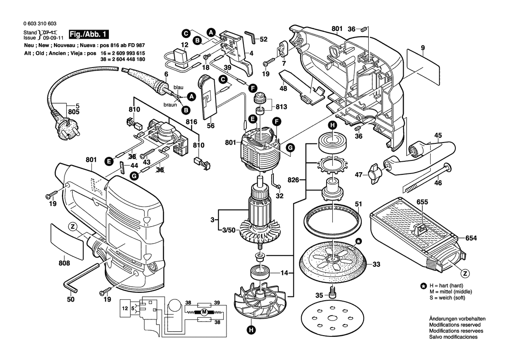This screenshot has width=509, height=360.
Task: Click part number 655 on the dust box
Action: tap(422, 202)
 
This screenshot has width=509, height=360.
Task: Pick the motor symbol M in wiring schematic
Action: tap(203, 312)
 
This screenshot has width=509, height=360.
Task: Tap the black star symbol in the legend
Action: tap(423, 286)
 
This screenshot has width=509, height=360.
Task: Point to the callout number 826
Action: tap(295, 180)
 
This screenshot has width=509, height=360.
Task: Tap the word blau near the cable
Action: tap(179, 87)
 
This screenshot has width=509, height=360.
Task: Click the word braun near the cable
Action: tap(170, 105)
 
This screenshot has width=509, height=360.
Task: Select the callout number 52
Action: tap(263, 40)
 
